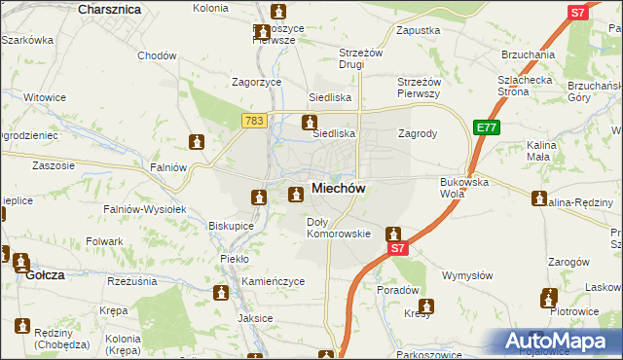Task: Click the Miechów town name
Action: [339, 189]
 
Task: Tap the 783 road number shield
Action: [253, 120]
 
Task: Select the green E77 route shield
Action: [487, 127]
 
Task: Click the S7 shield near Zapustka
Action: [577, 13]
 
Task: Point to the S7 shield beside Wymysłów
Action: [397, 249]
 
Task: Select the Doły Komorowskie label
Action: [339, 228]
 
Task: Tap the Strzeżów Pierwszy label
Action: [421, 88]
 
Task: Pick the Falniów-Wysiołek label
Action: [144, 209]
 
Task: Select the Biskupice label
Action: [231, 226]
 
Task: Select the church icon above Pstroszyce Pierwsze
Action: [279, 13]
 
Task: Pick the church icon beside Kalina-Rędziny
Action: [539, 199]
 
